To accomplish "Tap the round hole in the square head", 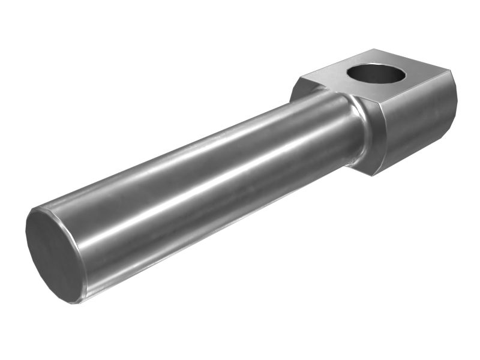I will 376,74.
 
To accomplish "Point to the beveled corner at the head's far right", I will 451,90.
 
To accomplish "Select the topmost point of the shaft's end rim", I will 36,209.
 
